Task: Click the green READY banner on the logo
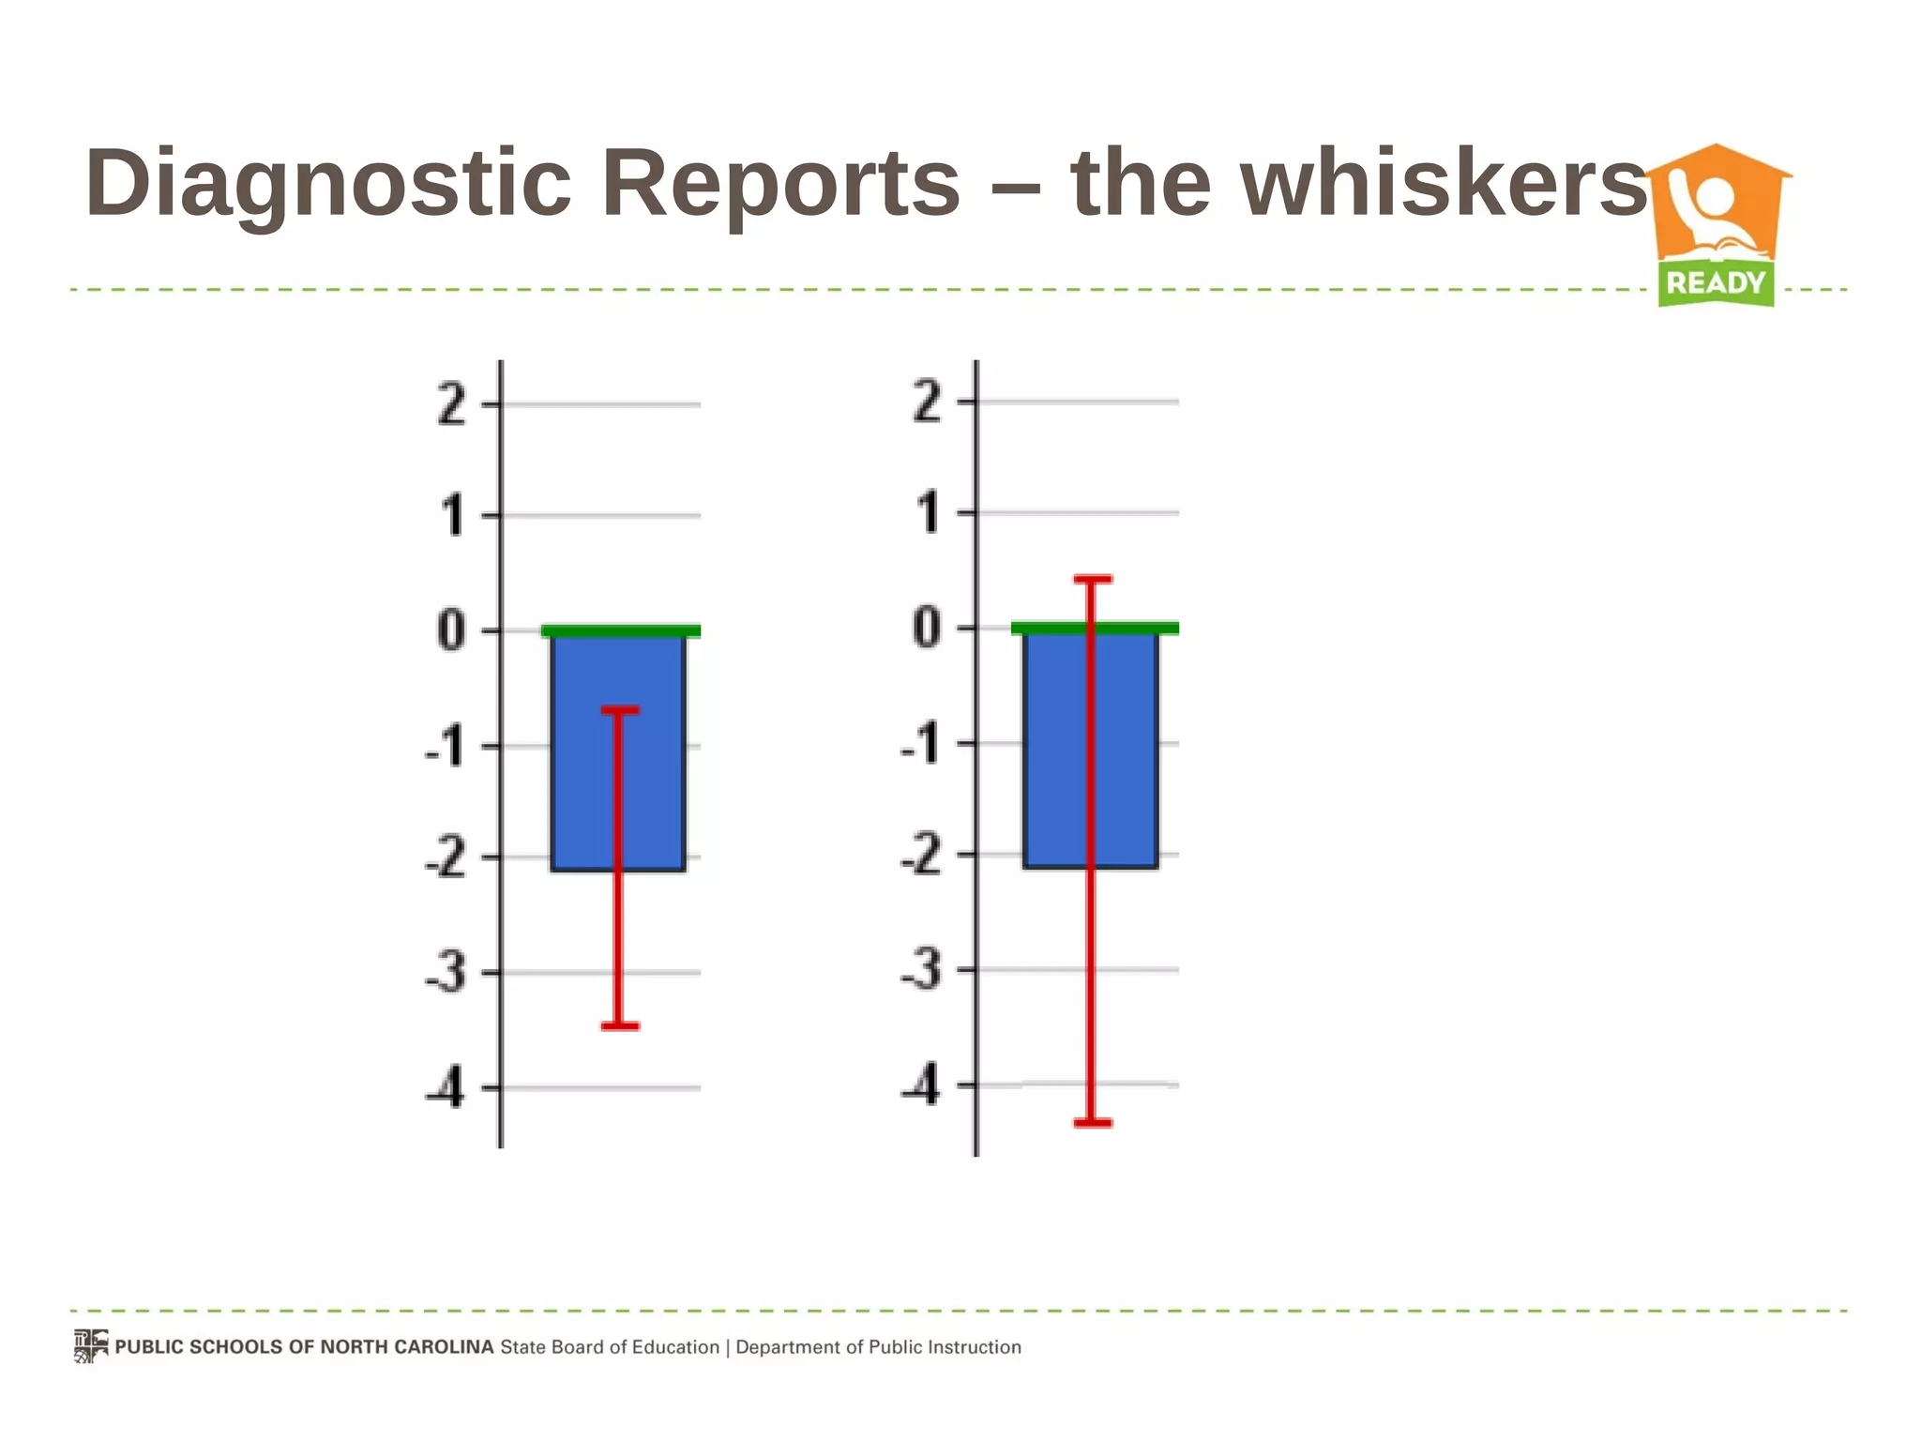[x=1716, y=282]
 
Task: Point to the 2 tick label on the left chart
[x=452, y=405]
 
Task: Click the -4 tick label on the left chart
[x=445, y=1089]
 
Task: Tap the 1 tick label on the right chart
[x=928, y=513]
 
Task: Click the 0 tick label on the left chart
[x=451, y=629]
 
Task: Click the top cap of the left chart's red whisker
[x=619, y=710]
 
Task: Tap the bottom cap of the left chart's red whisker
[x=619, y=1026]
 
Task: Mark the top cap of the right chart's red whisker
[x=1092, y=580]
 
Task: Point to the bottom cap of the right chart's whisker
[x=1092, y=1122]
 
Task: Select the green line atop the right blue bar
[x=1095, y=628]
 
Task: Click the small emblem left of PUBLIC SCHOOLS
[x=91, y=1346]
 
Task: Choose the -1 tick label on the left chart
[x=445, y=747]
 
